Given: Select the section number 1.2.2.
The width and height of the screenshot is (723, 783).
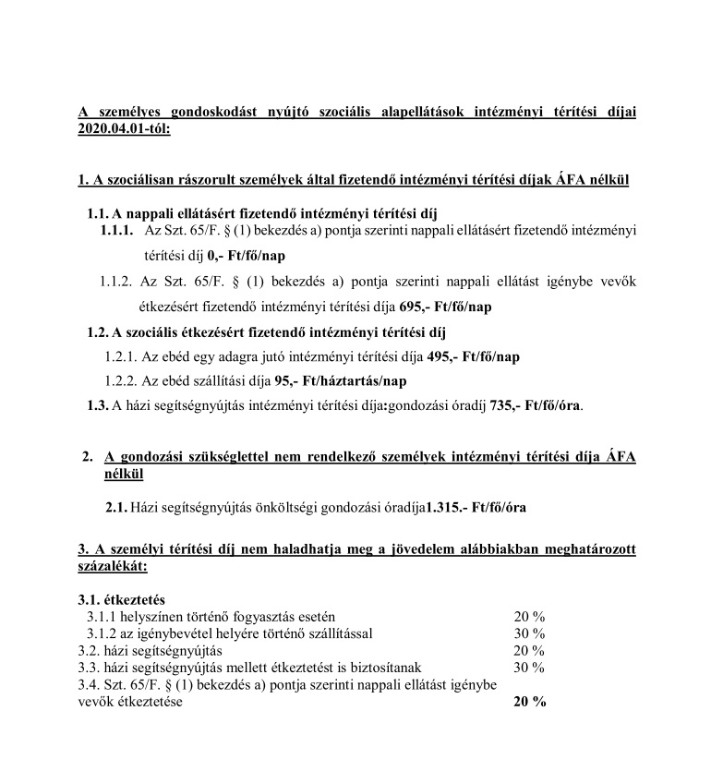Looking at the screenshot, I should coord(121,380).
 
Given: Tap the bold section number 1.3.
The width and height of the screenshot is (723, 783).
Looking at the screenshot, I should coord(96,404).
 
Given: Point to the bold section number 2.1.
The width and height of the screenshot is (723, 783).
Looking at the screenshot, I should coord(116,506).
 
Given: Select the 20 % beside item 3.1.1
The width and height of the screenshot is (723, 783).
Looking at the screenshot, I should coord(529,616).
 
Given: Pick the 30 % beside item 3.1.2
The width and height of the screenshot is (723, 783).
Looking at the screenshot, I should coord(529,632).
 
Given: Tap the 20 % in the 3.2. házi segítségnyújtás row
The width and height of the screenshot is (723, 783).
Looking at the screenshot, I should coord(529,650).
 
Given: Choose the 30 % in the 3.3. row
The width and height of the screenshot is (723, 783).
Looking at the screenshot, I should coord(529,667).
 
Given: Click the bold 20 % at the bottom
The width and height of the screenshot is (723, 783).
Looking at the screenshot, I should coord(529,702).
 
